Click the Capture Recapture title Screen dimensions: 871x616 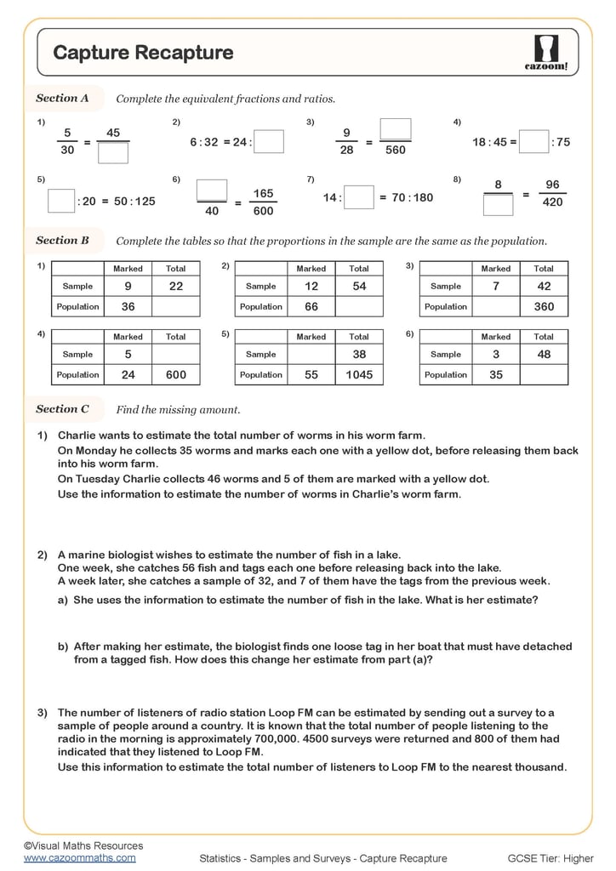143,53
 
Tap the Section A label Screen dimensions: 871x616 62,99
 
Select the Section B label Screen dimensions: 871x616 62,241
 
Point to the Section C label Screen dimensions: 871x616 62,409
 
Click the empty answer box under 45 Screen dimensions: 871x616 113,153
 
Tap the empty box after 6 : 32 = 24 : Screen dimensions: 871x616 269,142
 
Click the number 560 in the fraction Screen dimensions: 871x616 395,151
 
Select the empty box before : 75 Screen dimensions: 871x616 533,142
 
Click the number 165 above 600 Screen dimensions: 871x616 263,194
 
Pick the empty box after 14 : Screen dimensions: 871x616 359,197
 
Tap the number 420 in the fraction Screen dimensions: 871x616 552,202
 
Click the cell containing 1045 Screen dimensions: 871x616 359,375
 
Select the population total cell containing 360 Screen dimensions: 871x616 544,306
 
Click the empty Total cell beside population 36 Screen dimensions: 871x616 176,306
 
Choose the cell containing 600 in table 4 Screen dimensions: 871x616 176,375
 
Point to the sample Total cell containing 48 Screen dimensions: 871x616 544,355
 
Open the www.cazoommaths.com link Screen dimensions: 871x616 79,858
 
